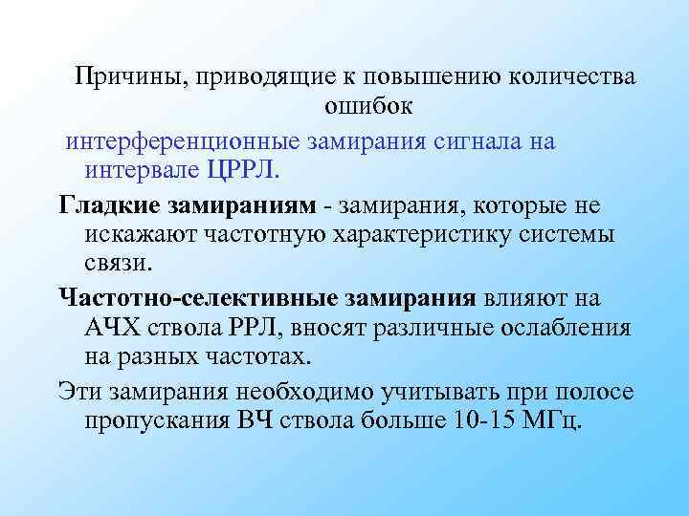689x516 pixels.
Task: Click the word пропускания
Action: pyautogui.click(x=160, y=421)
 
